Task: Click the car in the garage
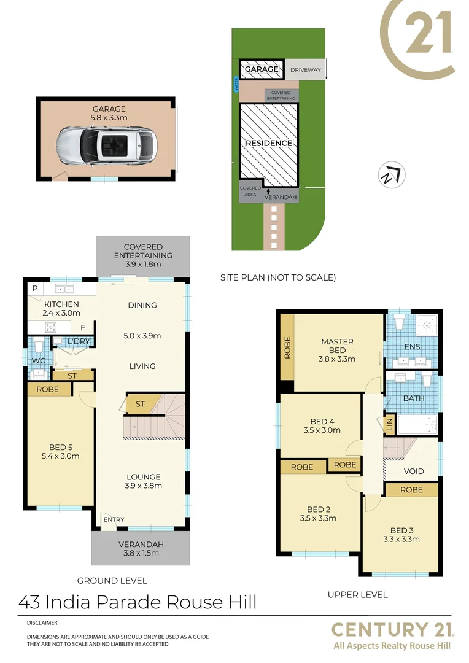pos(108,145)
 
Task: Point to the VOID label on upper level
pos(414,471)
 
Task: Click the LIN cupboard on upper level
pos(389,424)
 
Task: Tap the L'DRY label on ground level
pos(79,341)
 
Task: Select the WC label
pos(39,361)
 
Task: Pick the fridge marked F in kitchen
pos(82,327)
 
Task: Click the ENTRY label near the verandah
pos(114,519)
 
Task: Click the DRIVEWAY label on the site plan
pos(305,70)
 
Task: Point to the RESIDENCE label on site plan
pos(269,143)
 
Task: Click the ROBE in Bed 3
pos(411,490)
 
